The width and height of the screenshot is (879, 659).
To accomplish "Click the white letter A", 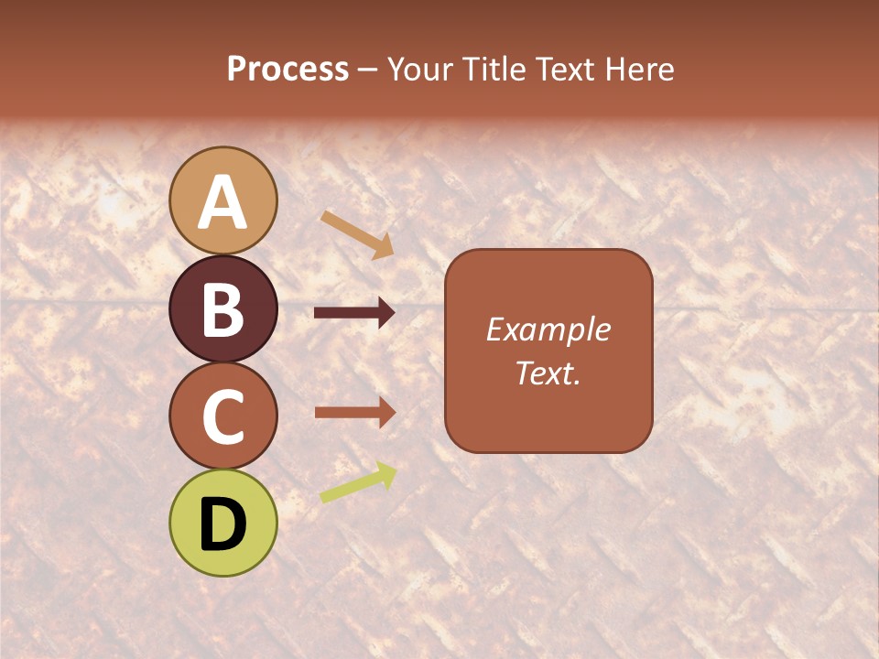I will [223, 201].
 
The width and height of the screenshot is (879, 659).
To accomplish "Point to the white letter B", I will [223, 309].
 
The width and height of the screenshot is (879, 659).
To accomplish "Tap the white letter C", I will [223, 416].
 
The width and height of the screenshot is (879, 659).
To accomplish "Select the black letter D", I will [223, 524].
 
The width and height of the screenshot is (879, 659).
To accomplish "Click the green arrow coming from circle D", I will [358, 482].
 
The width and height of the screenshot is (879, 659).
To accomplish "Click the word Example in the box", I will [548, 329].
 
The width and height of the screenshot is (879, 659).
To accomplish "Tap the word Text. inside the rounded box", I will [548, 373].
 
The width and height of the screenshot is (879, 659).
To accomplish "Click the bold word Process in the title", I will [288, 69].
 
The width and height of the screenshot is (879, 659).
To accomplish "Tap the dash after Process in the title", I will [367, 70].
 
